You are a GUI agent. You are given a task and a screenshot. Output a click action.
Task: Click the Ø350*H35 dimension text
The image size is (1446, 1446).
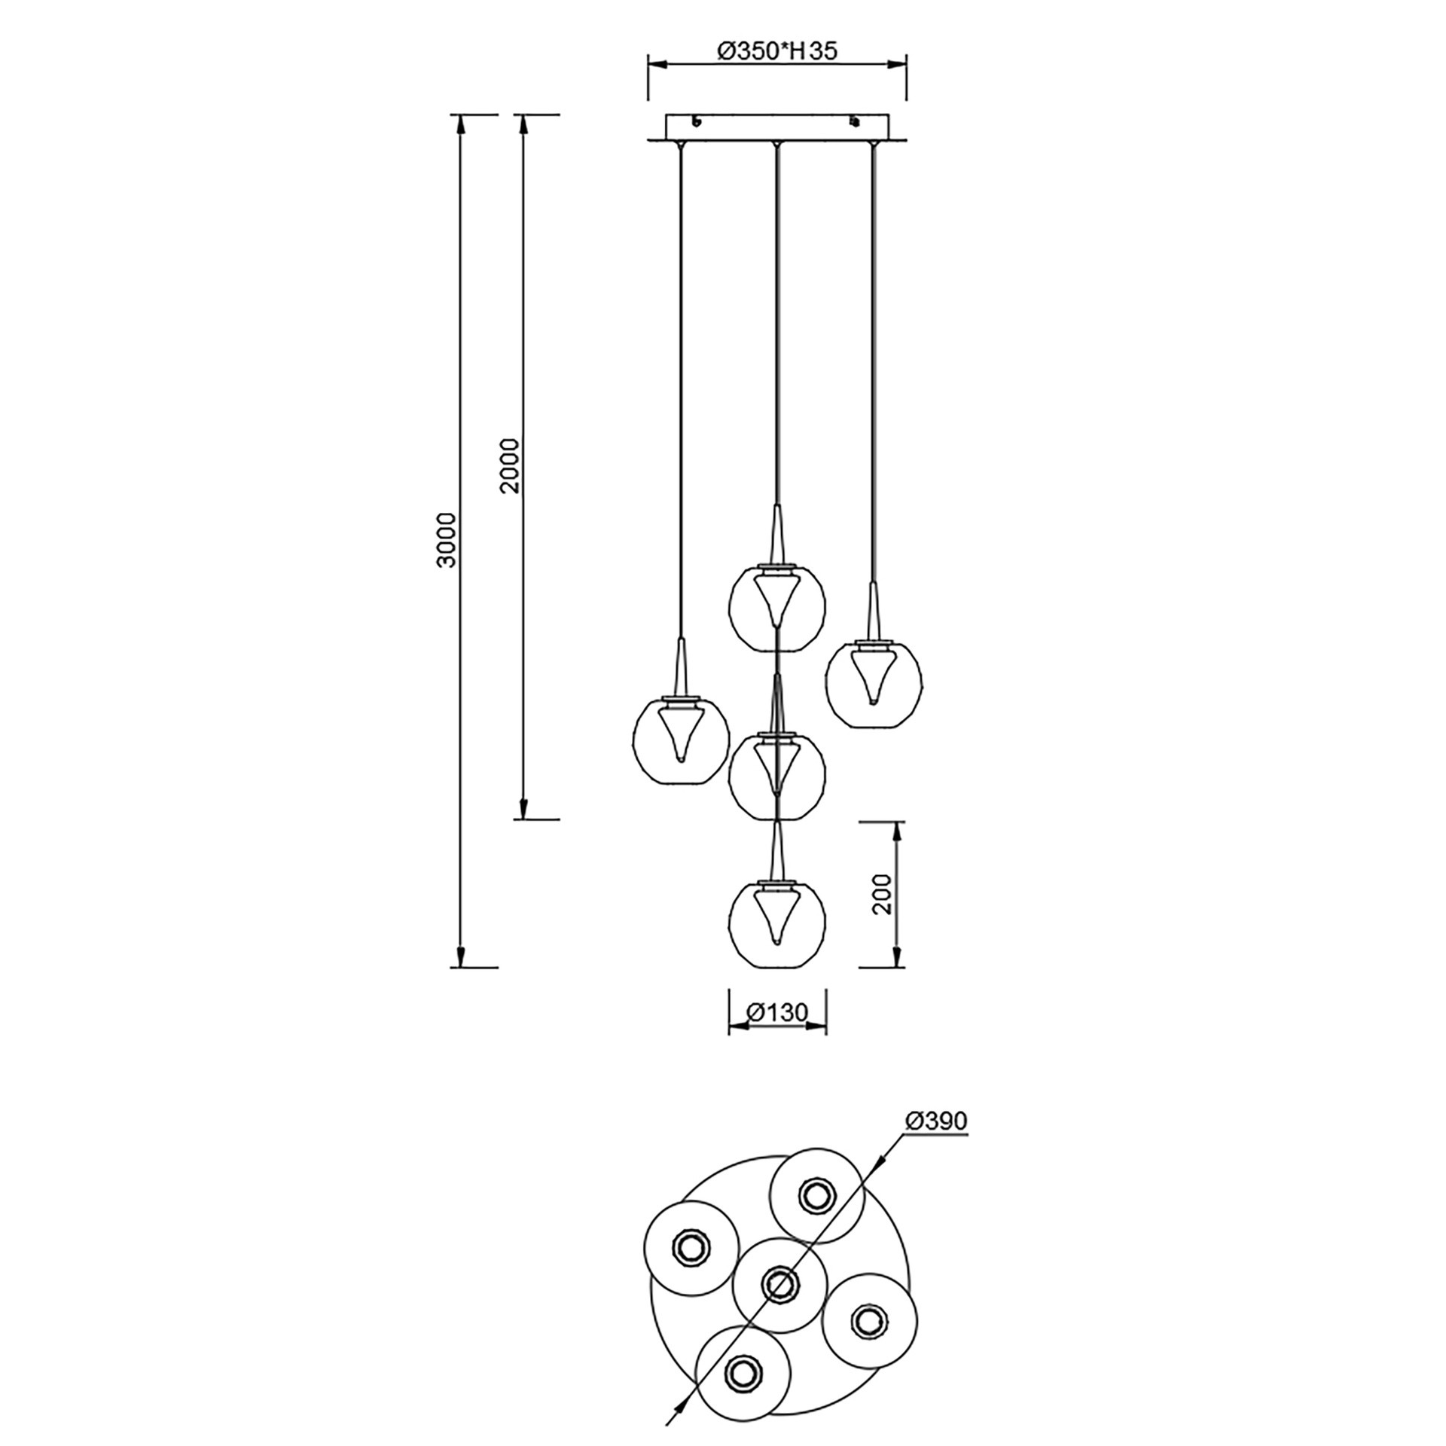[x=776, y=50]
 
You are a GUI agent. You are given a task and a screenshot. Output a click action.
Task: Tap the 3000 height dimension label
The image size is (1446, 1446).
[x=447, y=540]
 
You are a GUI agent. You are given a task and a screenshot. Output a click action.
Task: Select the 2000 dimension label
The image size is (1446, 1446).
[x=510, y=465]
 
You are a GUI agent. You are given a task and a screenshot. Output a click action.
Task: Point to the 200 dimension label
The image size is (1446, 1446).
[x=881, y=894]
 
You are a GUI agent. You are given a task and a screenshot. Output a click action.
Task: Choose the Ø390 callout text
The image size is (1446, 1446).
[x=935, y=1142]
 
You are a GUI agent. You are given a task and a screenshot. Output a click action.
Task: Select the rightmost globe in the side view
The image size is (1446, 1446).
[x=874, y=683]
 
